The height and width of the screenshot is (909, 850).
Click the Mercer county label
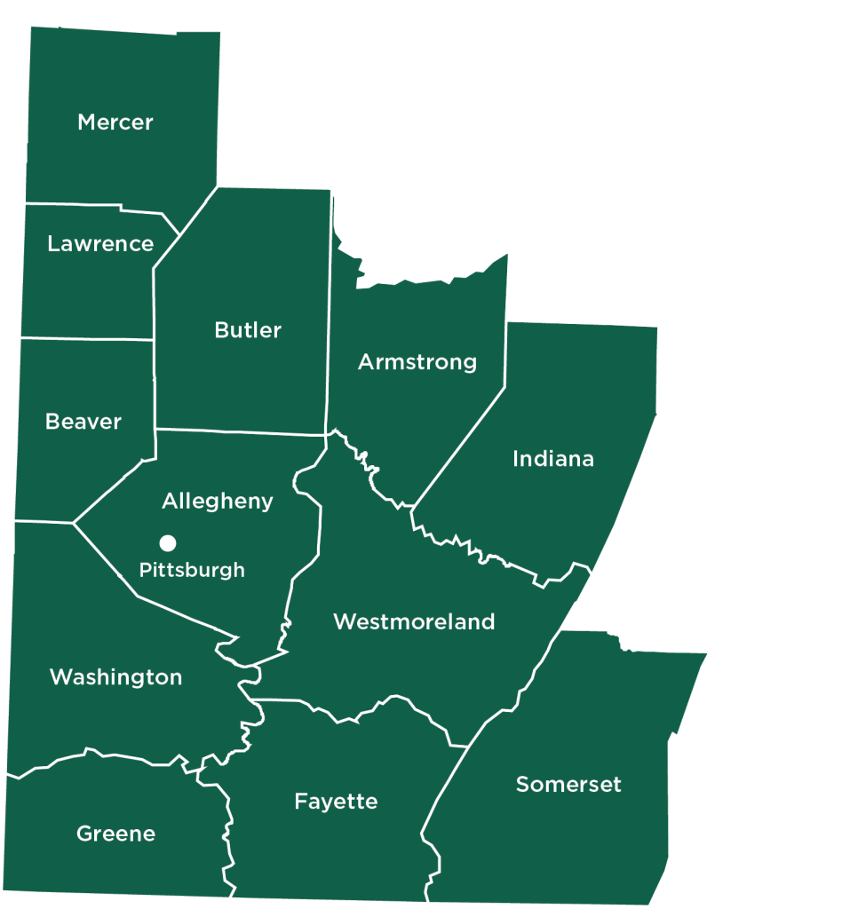pos(115,123)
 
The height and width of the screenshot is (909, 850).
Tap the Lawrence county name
pos(100,244)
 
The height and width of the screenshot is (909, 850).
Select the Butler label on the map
pos(248,330)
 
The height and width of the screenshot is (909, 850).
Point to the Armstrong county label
pos(417,362)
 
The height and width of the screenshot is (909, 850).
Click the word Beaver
pos(83,422)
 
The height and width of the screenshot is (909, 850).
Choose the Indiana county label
pos(553,459)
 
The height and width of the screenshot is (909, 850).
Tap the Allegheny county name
pos(218,502)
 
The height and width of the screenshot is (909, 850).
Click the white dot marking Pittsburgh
pos(167,542)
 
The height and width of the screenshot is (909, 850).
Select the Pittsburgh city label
pos(192,570)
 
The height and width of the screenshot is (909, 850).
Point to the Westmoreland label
pos(414,622)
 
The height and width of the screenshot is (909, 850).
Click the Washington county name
pos(116,677)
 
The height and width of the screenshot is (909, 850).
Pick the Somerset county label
pos(568,785)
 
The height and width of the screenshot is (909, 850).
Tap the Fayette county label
pos(336,802)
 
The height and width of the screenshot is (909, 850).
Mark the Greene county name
pos(116,834)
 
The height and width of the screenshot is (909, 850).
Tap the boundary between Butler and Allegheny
pos(240,432)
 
